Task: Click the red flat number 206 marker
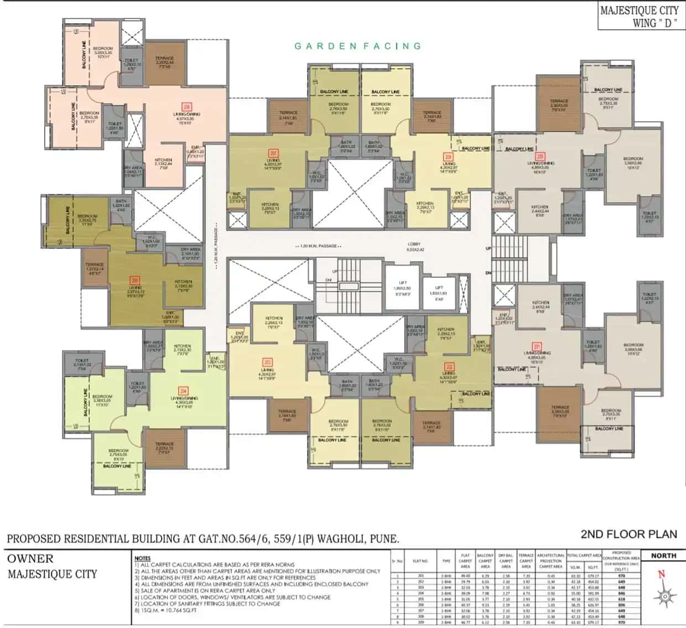point(186,107)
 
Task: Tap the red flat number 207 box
point(273,153)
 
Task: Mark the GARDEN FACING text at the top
point(358,46)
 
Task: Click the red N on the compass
point(661,574)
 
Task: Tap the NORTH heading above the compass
point(663,556)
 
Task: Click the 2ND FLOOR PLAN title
point(628,534)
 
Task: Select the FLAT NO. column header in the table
point(420,561)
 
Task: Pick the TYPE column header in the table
point(446,561)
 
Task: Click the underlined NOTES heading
point(142,558)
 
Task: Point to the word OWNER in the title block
point(30,558)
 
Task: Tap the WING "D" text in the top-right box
point(654,23)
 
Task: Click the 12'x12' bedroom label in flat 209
point(633,162)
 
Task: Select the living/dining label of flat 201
point(537,355)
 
